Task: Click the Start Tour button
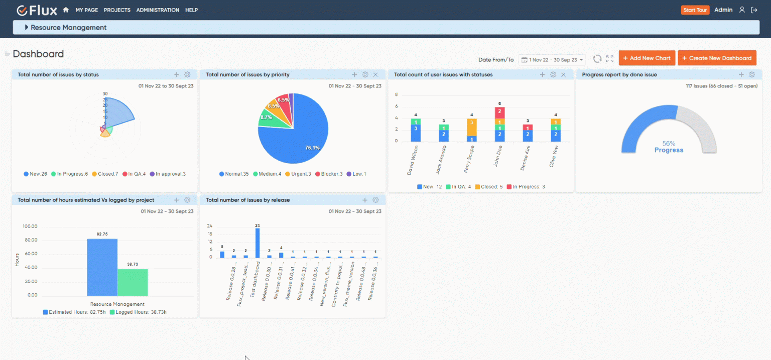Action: tap(695, 10)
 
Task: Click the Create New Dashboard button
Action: tap(717, 58)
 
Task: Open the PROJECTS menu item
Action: tap(117, 10)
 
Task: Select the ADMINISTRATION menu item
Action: tap(158, 10)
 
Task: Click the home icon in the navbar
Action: tap(66, 10)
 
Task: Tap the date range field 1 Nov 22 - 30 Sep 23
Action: tap(552, 59)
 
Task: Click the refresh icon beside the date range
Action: tap(597, 59)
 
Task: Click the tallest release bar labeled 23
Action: tap(258, 243)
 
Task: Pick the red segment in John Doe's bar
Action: tap(499, 112)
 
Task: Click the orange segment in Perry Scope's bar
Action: tap(471, 127)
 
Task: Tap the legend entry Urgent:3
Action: tap(298, 174)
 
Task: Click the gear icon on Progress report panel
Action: tap(751, 75)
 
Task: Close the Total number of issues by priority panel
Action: tap(375, 75)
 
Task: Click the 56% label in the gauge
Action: tap(669, 143)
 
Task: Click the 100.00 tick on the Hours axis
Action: tap(30, 226)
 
